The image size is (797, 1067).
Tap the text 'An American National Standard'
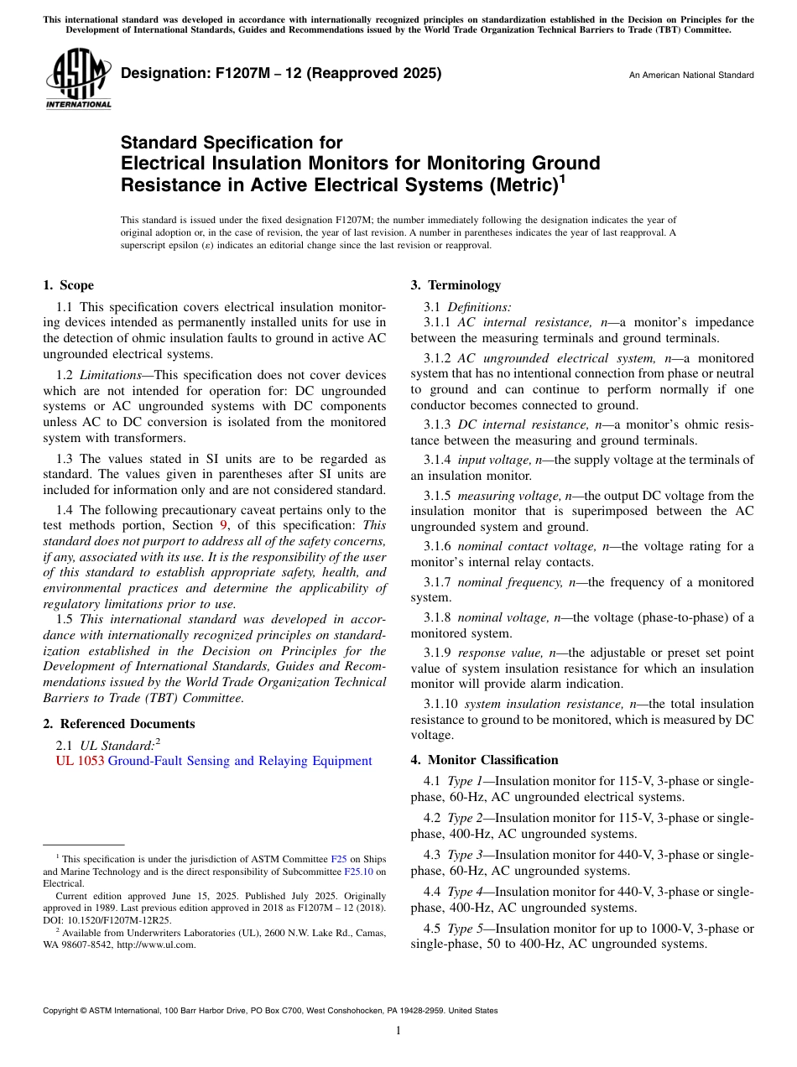(690, 75)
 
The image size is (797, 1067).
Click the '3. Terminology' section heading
(456, 285)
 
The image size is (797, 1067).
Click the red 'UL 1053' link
(74, 761)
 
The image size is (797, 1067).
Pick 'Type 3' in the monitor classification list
(465, 855)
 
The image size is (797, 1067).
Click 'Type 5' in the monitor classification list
(465, 929)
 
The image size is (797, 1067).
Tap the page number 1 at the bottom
(398, 1031)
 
